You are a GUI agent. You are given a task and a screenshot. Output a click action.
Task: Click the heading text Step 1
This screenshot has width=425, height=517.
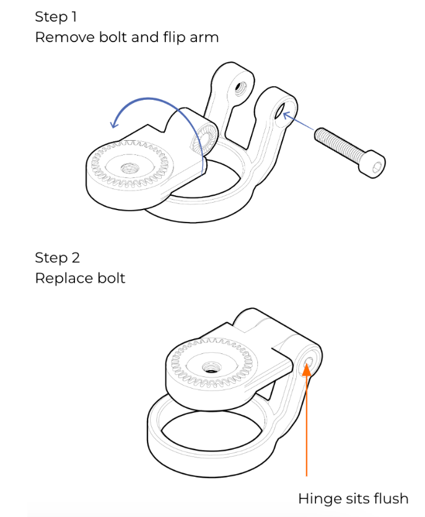pyautogui.click(x=56, y=17)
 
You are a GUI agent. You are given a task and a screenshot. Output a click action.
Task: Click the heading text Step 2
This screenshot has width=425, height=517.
pyautogui.click(x=58, y=258)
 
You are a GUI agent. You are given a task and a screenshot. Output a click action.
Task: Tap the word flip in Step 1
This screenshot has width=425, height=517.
pyautogui.click(x=175, y=37)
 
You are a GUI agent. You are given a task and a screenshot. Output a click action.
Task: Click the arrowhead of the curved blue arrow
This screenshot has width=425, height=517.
pyautogui.click(x=115, y=123)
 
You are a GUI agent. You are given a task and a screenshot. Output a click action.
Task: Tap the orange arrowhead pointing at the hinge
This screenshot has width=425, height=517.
pyautogui.click(x=307, y=369)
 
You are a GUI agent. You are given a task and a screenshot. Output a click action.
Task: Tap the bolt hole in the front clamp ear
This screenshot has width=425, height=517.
pyautogui.click(x=281, y=111)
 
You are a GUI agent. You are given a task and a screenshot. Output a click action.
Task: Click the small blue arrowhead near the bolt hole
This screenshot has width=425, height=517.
pyautogui.click(x=286, y=115)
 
